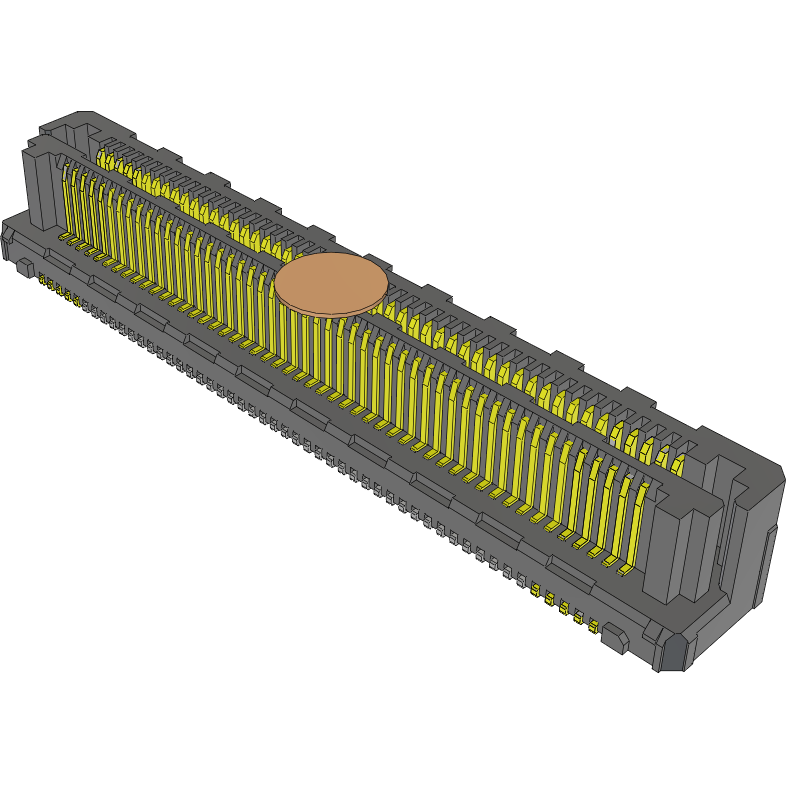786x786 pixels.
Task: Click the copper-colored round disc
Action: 331,283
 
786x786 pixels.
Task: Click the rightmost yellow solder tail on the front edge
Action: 593,627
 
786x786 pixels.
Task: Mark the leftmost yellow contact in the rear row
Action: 103,158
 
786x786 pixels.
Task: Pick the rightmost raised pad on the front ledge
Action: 568,571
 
